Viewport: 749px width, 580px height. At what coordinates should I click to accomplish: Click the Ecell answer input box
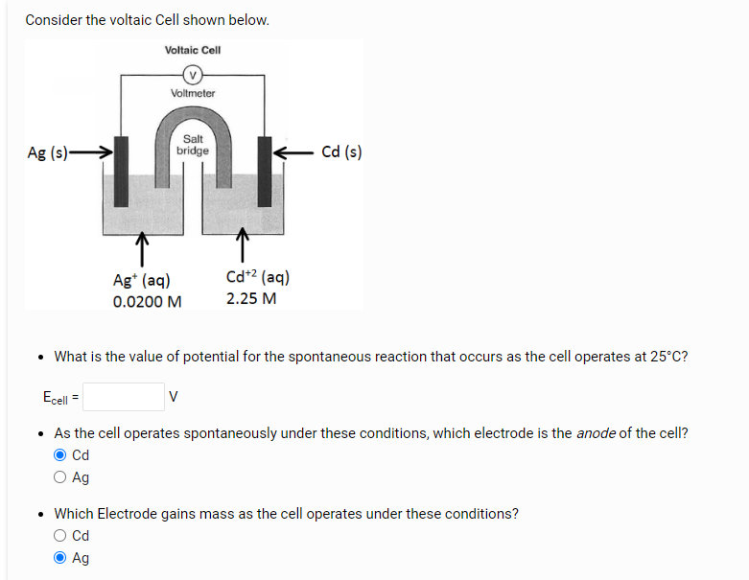point(124,396)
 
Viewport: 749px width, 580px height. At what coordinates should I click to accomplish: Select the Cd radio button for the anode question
point(61,455)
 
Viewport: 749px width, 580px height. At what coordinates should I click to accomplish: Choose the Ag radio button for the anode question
point(61,477)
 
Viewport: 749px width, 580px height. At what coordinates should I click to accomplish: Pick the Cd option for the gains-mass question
point(61,536)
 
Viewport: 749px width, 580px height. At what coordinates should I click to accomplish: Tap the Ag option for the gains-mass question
point(61,558)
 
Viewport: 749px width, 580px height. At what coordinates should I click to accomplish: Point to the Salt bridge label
point(193,145)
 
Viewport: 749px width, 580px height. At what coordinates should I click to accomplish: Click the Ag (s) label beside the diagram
point(47,152)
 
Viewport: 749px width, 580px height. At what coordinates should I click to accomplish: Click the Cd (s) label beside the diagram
point(341,151)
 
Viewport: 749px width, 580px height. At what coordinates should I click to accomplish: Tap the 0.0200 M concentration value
point(147,301)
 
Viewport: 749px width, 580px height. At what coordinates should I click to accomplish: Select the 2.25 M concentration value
point(251,298)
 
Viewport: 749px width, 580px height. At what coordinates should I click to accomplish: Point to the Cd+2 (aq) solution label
point(258,277)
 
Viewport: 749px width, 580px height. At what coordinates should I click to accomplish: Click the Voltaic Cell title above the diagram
point(193,50)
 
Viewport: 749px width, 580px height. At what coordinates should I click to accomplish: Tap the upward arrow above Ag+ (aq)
point(141,247)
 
